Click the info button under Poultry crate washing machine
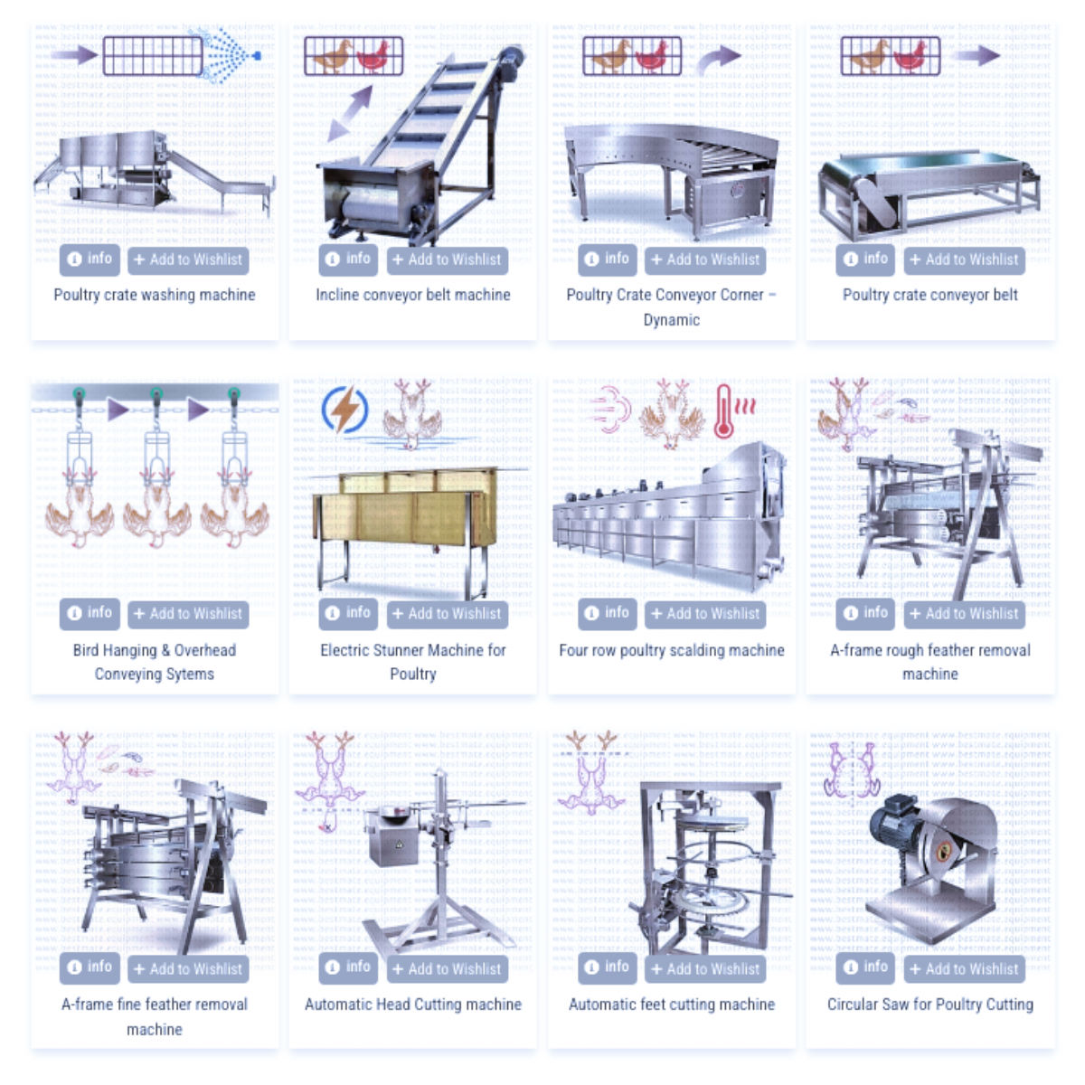(x=90, y=259)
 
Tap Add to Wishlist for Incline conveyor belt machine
(x=447, y=260)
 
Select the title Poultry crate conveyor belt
(x=929, y=295)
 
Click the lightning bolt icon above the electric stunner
(x=344, y=410)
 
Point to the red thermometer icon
(x=723, y=411)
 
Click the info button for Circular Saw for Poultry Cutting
(x=865, y=967)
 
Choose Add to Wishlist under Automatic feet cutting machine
(x=705, y=968)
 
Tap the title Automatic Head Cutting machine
(x=412, y=1005)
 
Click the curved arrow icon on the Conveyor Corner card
(x=718, y=61)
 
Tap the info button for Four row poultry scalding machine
(x=607, y=613)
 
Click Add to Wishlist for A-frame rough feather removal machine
(x=964, y=614)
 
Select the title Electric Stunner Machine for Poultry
(x=412, y=662)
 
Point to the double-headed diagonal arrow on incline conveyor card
(x=350, y=113)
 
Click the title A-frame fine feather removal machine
(x=154, y=1016)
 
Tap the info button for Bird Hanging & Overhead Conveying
(x=90, y=613)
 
